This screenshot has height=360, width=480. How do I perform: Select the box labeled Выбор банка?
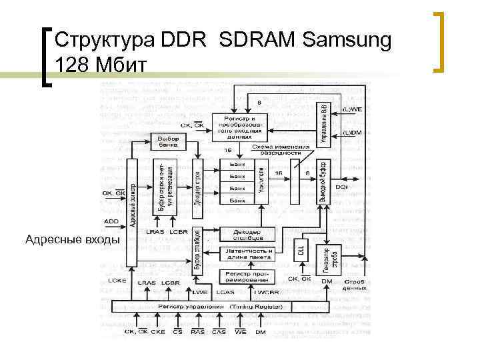click(x=167, y=141)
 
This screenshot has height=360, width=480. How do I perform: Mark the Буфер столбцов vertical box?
click(x=197, y=249)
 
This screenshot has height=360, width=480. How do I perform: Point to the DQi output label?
click(x=341, y=187)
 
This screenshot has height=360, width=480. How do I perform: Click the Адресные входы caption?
click(x=72, y=239)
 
